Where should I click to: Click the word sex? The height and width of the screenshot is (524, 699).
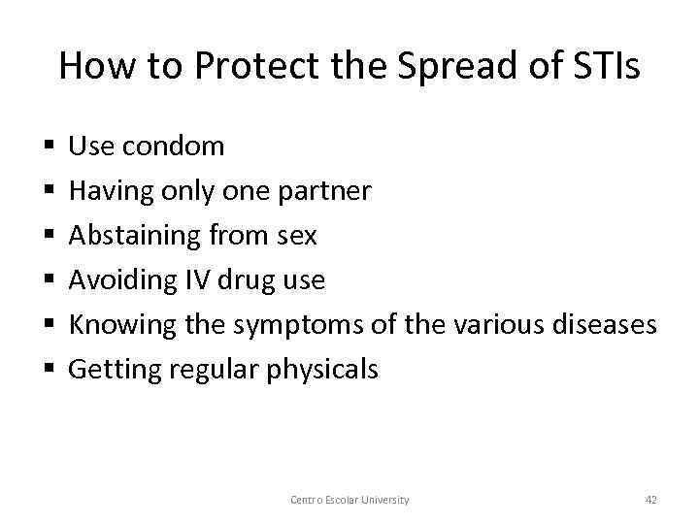click(296, 236)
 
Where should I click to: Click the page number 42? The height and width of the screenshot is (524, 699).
click(650, 500)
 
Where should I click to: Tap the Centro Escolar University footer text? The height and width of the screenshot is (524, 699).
click(349, 500)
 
